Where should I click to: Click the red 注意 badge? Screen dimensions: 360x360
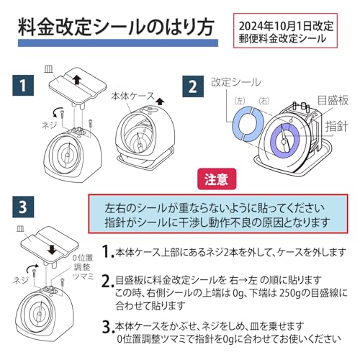point(217,179)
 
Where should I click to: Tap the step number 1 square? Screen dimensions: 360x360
point(23,86)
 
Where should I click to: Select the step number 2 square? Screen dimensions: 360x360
point(193,86)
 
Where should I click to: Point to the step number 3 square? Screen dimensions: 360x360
point(23,207)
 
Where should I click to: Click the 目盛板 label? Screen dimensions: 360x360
point(333,100)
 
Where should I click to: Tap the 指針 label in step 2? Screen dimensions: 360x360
point(336,127)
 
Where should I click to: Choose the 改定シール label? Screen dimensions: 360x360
point(235,82)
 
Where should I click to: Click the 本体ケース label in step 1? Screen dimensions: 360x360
point(132,96)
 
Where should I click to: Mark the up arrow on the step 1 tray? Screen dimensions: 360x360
point(77,79)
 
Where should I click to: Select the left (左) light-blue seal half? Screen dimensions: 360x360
point(241,123)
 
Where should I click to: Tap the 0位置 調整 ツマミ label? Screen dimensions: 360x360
point(83,267)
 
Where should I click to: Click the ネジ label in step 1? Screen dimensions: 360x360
point(50,125)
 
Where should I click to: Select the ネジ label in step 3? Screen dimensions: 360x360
point(21,280)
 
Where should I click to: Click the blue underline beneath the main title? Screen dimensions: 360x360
point(118,42)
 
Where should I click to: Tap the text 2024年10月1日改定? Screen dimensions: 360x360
point(286,26)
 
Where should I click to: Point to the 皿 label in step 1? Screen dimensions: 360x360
point(49,70)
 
